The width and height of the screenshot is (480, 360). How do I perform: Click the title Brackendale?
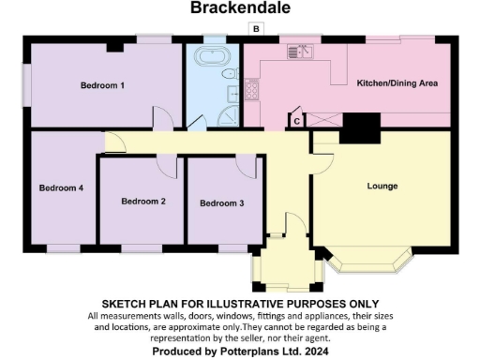pyautogui.click(x=240, y=8)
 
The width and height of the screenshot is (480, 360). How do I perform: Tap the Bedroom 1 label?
pyautogui.click(x=102, y=85)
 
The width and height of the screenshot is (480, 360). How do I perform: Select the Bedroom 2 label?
pyautogui.click(x=143, y=202)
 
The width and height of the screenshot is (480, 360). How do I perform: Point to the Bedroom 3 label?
pyautogui.click(x=222, y=202)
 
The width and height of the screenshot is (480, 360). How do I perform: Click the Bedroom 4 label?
pyautogui.click(x=61, y=187)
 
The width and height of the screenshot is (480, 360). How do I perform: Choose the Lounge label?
pyautogui.click(x=382, y=186)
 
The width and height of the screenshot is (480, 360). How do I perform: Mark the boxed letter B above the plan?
pyautogui.click(x=255, y=30)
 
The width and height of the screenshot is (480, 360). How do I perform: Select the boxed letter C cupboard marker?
pyautogui.click(x=297, y=120)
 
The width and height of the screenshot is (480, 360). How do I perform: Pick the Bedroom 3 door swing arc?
pyautogui.click(x=249, y=165)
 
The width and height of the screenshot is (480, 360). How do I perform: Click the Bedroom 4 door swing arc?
pyautogui.click(x=116, y=142)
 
